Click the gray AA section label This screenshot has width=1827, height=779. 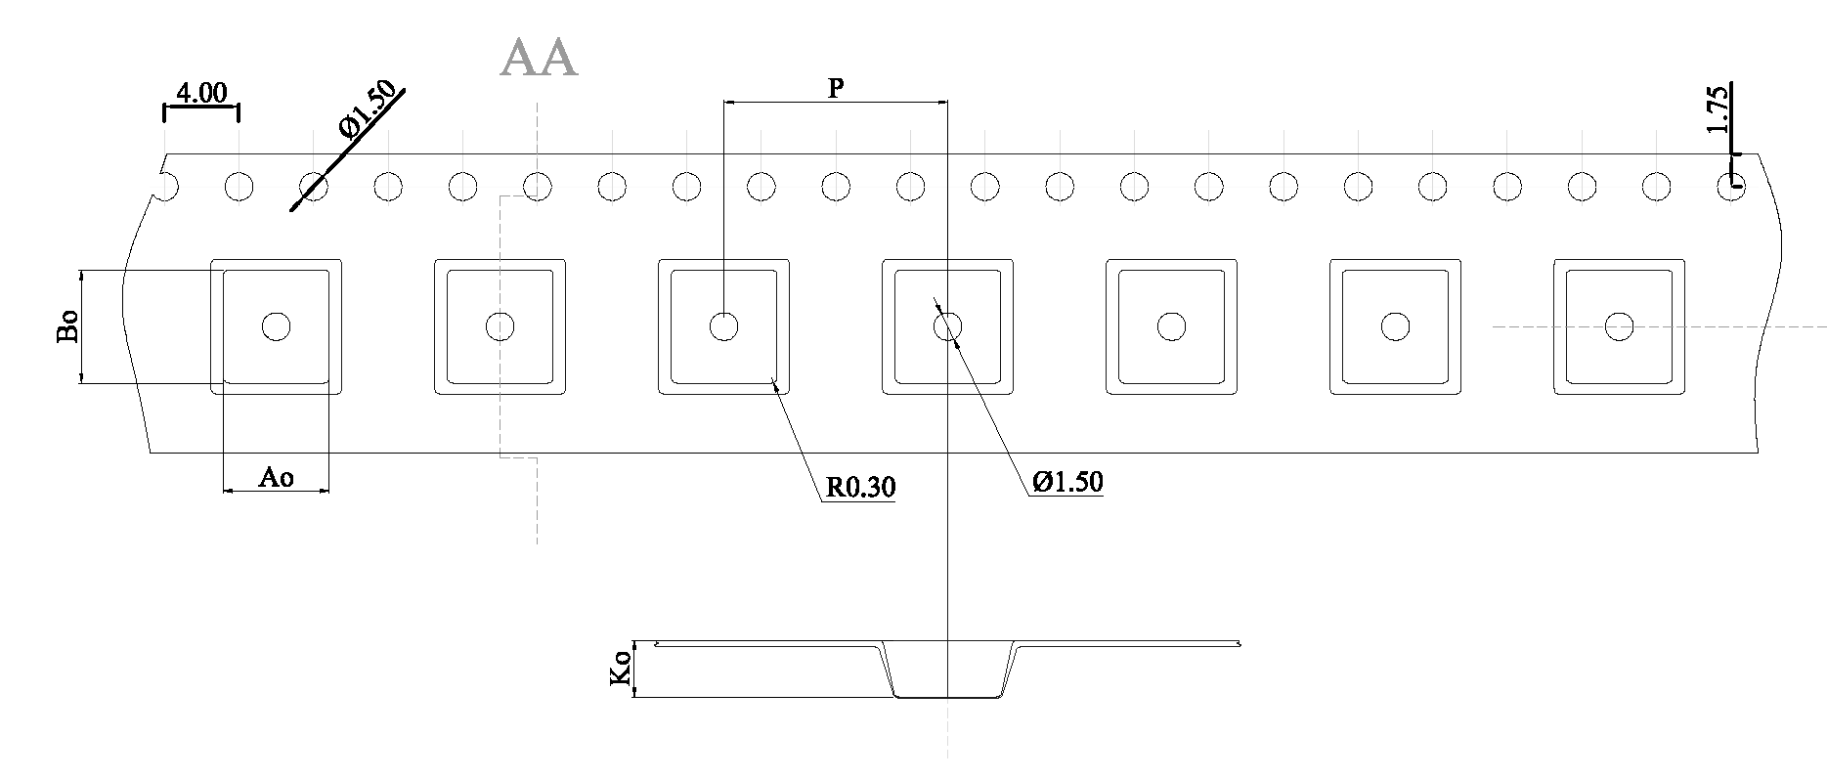(539, 59)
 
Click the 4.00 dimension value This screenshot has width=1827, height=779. (201, 94)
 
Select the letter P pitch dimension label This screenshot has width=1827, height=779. (836, 89)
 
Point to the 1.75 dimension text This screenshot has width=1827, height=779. (1717, 109)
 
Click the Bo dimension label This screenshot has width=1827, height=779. (67, 327)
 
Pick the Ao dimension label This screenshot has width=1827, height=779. (276, 477)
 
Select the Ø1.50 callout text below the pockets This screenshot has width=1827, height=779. (1068, 481)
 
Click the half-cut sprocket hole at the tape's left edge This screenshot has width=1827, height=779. (168, 186)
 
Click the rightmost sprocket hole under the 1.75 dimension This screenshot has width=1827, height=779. (1731, 186)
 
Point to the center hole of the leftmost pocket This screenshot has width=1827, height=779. (277, 326)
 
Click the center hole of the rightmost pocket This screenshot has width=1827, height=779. (1619, 326)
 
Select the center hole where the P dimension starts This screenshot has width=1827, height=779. (723, 326)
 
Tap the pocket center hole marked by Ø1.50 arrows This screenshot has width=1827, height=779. (947, 326)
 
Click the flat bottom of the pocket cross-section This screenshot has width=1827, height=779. (947, 696)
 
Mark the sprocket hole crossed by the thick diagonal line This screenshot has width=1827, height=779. (313, 186)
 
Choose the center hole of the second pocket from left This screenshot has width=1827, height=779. (500, 326)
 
